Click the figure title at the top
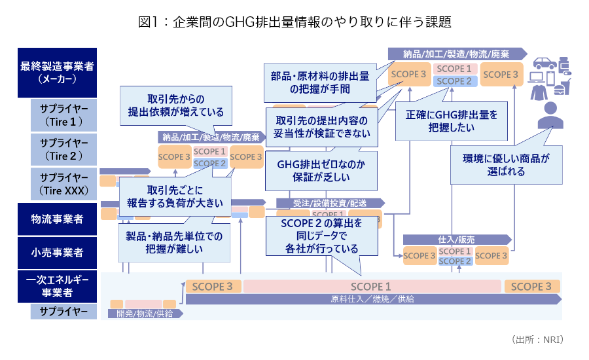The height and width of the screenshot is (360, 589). [294, 22]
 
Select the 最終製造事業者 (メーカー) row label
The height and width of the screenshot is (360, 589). [58, 72]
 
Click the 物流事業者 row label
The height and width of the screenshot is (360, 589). [58, 219]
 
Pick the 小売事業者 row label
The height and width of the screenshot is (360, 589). [58, 252]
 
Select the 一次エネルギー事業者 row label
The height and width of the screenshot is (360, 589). [58, 287]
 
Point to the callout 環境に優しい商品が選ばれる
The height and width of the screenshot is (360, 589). [506, 165]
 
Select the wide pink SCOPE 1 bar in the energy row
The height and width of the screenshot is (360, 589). [371, 286]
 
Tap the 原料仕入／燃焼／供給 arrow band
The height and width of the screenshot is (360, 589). [373, 299]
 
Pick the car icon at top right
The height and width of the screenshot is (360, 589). [544, 63]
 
